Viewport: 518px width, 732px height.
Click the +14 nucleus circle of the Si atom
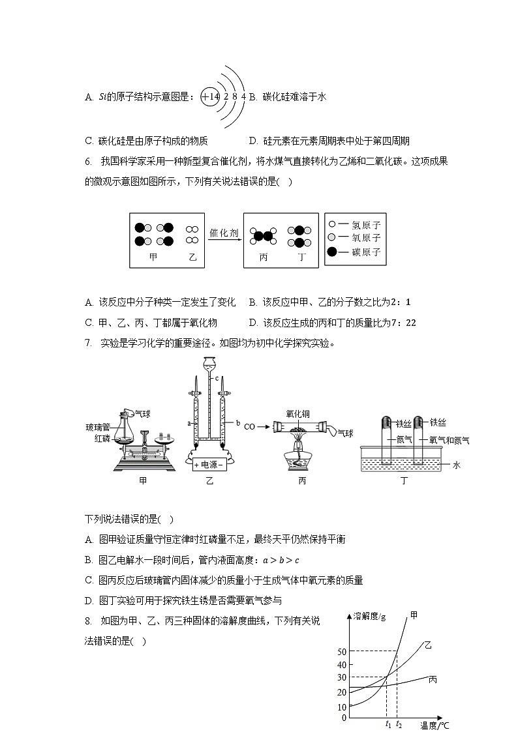click(210, 96)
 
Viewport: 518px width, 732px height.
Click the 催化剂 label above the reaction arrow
click(224, 232)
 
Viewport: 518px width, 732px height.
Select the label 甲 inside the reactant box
click(153, 257)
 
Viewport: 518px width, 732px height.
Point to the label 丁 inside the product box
click(301, 257)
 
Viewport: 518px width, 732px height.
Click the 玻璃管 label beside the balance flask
click(98, 427)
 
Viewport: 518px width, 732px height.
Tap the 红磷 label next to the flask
click(102, 438)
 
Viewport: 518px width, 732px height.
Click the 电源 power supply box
click(209, 465)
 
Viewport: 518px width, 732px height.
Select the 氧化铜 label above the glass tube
click(297, 413)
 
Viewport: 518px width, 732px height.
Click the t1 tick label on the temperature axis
click(388, 724)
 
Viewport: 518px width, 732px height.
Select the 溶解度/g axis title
click(369, 615)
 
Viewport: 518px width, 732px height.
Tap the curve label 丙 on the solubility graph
click(433, 680)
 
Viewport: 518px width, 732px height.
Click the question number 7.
click(88, 343)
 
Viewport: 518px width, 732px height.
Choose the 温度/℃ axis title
click(435, 725)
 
